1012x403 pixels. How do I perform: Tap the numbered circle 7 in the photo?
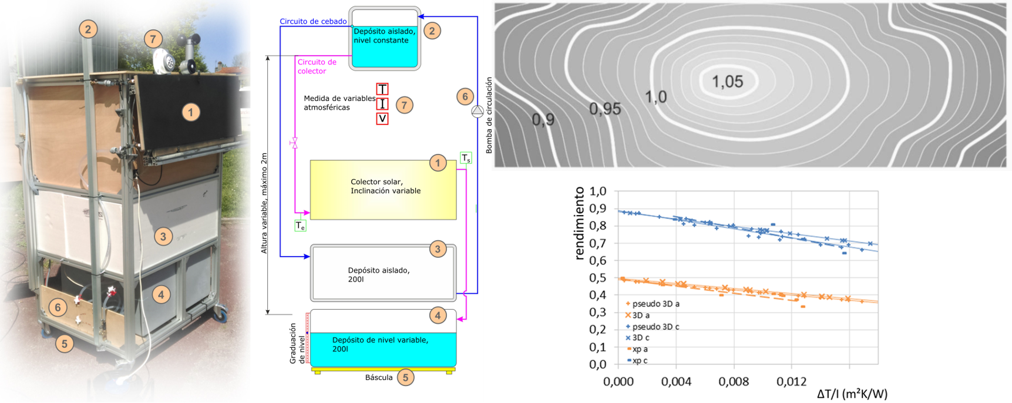[153, 39]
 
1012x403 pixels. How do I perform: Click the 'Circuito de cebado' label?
[313, 22]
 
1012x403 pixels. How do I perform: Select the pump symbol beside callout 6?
[478, 111]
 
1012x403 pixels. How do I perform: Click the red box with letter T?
[382, 89]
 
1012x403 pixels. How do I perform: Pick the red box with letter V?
[382, 119]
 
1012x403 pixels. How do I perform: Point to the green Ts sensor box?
[466, 158]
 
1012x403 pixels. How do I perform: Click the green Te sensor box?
[300, 226]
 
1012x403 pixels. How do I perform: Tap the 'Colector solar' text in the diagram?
[385, 186]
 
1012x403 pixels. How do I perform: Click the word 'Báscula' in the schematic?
[379, 378]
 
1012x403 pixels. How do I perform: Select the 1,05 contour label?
[727, 82]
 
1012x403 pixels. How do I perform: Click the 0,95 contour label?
[605, 109]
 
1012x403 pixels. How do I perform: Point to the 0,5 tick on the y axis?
[597, 278]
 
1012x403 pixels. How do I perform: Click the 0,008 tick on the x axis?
[734, 382]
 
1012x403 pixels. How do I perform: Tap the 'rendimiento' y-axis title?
[579, 223]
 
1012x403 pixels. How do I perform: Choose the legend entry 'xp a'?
[640, 349]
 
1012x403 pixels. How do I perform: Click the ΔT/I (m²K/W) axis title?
[852, 394]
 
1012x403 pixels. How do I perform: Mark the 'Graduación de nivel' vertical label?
[297, 344]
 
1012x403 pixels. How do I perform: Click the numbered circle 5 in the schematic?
[405, 377]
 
